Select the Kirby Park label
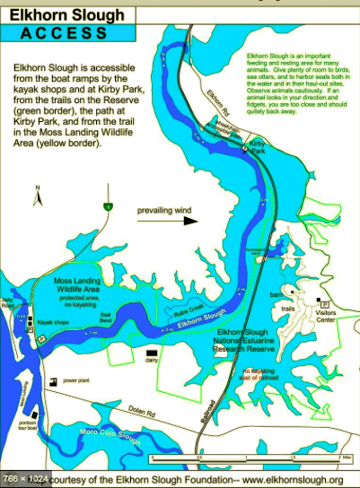[x=256, y=146]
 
